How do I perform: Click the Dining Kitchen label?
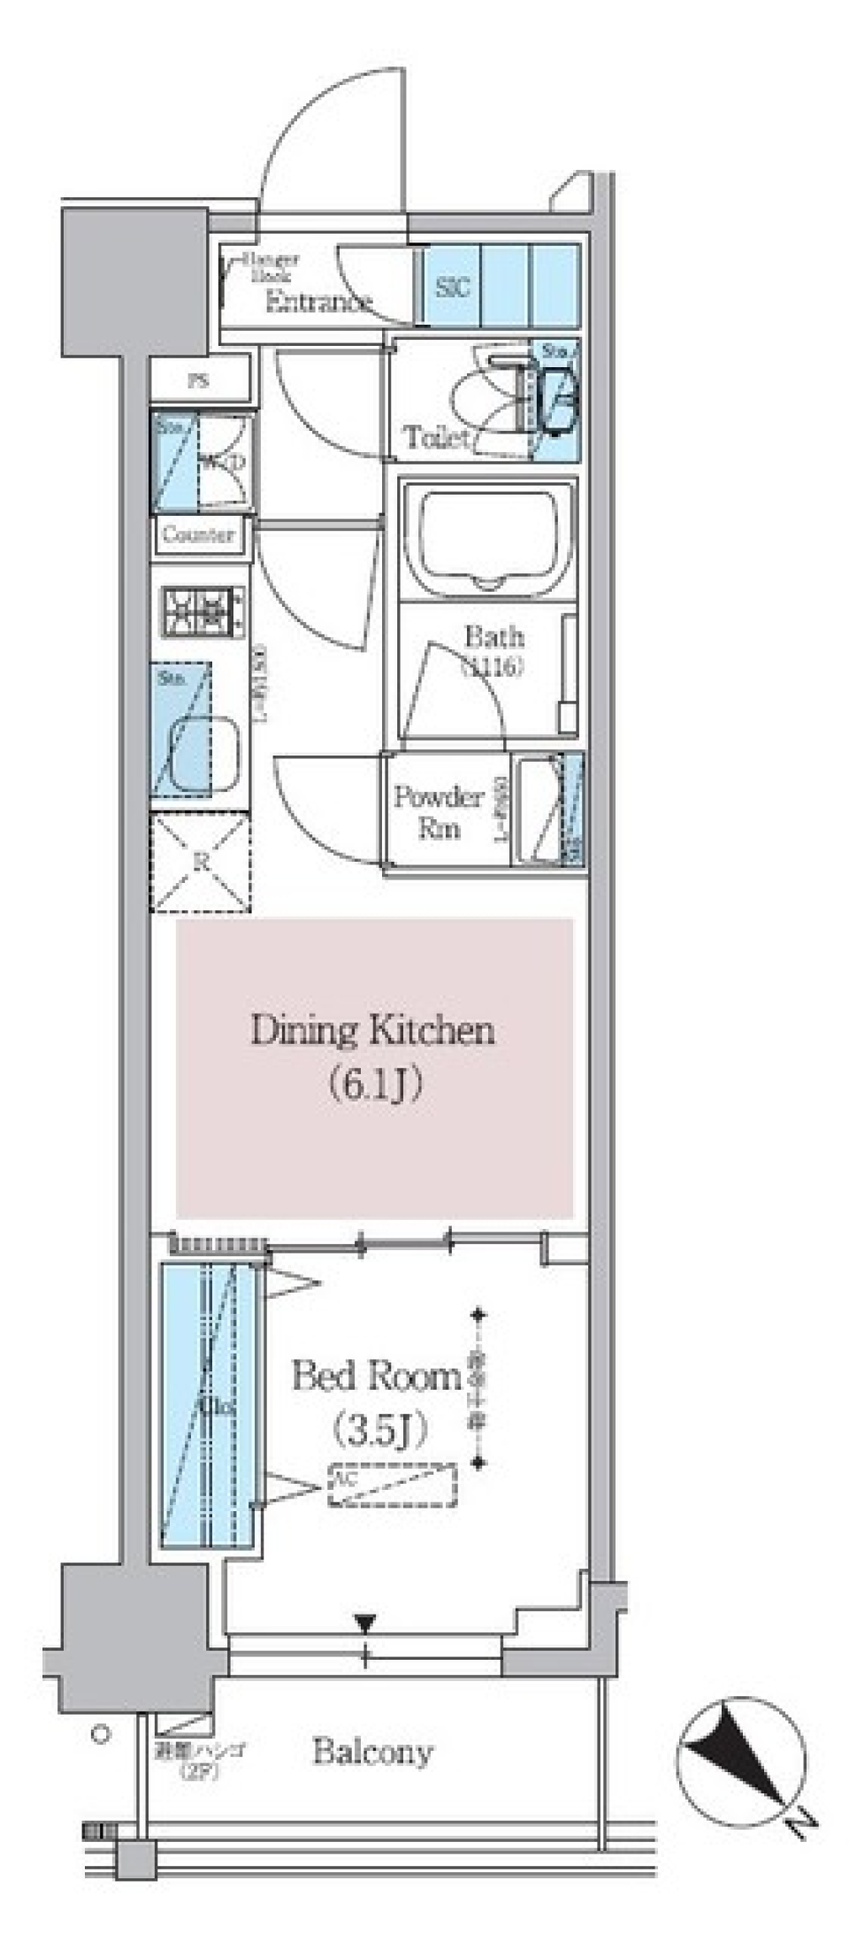(x=372, y=1032)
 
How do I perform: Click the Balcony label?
(x=372, y=1752)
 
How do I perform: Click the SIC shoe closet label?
(x=452, y=287)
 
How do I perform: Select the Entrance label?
(x=317, y=303)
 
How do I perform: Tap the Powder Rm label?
(x=439, y=812)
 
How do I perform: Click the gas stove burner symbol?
(x=203, y=611)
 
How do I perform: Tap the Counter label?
(x=198, y=535)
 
